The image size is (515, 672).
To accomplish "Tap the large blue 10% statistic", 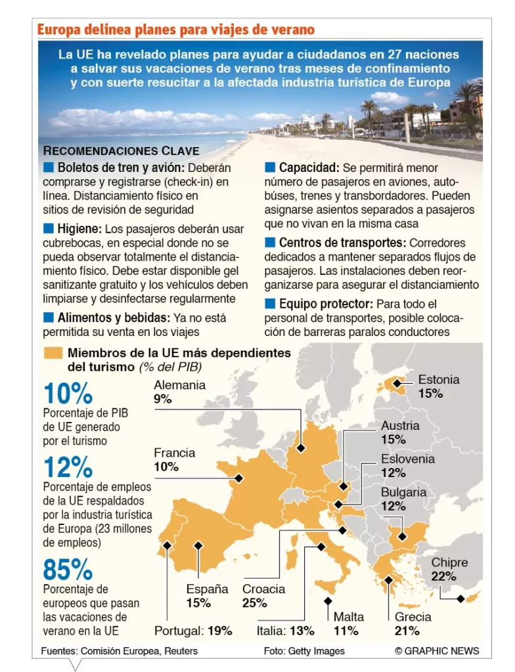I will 68,394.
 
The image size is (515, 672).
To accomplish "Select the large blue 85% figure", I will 68,570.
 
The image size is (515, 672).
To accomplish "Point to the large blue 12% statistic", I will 68,467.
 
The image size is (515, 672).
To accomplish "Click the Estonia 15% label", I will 430,394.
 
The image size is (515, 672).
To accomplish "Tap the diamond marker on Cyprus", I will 460,598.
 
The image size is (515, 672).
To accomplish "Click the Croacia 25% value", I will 254,603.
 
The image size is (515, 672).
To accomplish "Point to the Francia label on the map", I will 174,453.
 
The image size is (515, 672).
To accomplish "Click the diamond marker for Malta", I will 327,600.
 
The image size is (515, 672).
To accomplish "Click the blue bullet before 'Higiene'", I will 48,228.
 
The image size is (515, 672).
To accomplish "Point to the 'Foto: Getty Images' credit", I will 304,651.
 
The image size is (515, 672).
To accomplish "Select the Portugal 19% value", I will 220,631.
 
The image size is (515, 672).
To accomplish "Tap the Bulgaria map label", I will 403,492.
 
